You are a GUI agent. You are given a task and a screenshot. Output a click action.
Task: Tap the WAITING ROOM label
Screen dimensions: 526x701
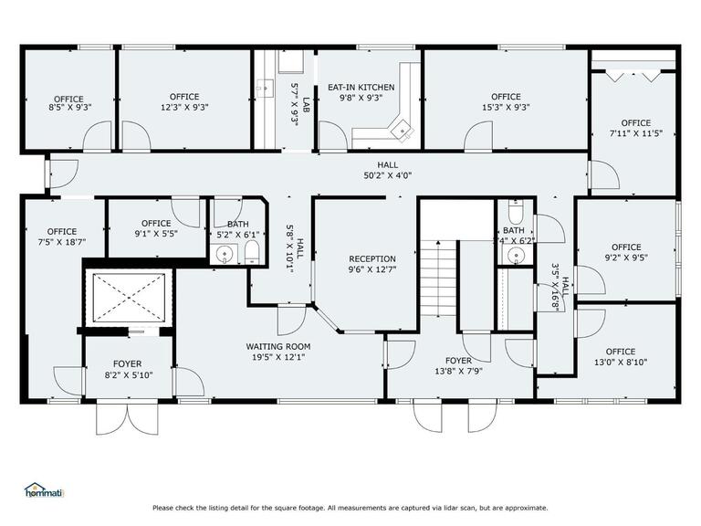278,346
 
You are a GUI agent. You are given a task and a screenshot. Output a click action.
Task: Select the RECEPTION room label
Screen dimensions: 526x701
372,258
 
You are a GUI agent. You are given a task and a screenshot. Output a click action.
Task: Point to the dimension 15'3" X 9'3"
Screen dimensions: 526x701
506,108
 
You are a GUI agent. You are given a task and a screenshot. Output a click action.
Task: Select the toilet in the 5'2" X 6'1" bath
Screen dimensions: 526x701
252,252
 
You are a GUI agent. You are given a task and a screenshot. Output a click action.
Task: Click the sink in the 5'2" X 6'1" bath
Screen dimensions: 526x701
224,253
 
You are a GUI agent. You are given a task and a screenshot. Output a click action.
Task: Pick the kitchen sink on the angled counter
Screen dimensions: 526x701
400,131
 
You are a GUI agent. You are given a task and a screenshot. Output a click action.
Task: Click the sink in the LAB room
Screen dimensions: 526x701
267,89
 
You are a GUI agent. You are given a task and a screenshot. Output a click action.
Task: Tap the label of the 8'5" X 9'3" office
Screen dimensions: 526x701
68,99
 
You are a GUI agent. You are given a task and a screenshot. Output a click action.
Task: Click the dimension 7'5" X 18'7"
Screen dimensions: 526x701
62,243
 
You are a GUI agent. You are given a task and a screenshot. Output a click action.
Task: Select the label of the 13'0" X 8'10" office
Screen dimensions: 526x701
620,352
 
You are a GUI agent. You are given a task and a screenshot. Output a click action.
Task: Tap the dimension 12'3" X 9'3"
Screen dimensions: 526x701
183,107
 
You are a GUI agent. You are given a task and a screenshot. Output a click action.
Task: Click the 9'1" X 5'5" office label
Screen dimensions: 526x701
156,223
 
